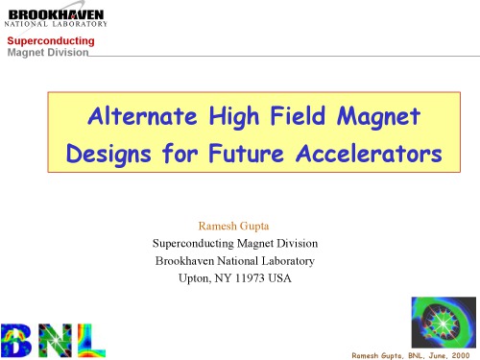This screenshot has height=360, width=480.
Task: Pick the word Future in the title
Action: (x=263, y=153)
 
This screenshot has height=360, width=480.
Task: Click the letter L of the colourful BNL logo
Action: (x=90, y=339)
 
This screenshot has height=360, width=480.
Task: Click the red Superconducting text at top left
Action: (x=52, y=41)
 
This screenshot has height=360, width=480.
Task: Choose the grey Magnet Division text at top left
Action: (x=48, y=53)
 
